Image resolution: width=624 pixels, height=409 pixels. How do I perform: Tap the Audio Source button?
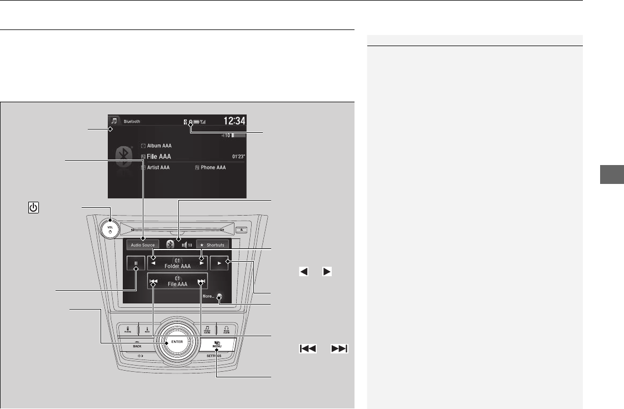click(x=143, y=245)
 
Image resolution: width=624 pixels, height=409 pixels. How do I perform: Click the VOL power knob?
click(x=109, y=227)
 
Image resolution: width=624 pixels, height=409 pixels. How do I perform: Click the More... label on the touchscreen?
click(x=208, y=297)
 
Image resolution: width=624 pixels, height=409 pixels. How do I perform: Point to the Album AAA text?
click(x=159, y=146)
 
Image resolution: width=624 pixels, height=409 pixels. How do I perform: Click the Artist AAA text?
click(x=158, y=167)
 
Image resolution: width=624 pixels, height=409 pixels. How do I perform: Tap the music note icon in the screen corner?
click(x=114, y=121)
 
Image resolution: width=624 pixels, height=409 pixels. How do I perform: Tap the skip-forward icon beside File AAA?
click(x=202, y=282)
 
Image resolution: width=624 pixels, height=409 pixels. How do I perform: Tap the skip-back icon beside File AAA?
click(x=154, y=282)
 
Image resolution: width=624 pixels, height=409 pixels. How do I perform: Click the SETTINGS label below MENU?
click(x=216, y=356)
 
